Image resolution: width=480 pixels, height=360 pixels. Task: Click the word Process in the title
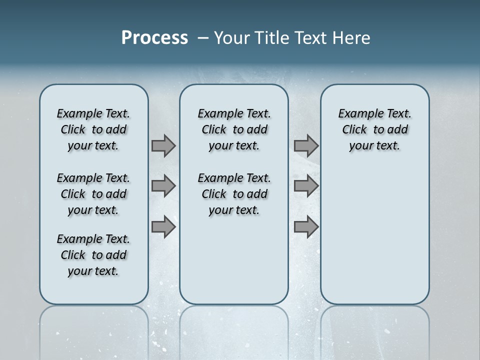(x=154, y=37)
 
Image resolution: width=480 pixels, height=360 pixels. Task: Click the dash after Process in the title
(x=203, y=38)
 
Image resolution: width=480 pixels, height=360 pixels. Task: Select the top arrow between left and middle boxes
(x=163, y=145)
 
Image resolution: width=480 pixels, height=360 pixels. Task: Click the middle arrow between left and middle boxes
(x=163, y=186)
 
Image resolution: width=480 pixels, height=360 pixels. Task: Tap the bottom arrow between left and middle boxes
(x=163, y=226)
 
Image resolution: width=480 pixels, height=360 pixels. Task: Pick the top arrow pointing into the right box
(x=306, y=145)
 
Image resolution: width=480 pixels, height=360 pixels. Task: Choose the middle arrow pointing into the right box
(x=306, y=186)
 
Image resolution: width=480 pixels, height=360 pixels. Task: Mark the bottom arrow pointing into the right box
(x=306, y=226)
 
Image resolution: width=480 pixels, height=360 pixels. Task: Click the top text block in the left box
(x=93, y=129)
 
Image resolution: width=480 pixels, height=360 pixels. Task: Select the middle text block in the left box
(x=93, y=194)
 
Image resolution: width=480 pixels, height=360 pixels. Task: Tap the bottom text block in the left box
(x=93, y=255)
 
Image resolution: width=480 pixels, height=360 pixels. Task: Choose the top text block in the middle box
(x=234, y=129)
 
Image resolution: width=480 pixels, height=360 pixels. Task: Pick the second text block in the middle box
(x=234, y=194)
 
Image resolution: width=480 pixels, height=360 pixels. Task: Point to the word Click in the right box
(x=354, y=129)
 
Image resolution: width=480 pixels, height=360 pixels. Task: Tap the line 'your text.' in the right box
(x=374, y=145)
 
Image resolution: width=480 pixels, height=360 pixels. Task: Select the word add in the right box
(x=398, y=129)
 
